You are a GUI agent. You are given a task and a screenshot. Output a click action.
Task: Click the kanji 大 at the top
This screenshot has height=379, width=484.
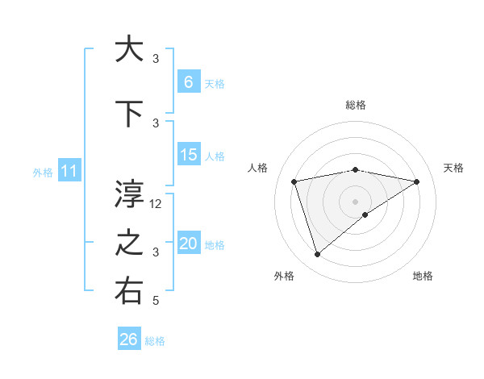129,49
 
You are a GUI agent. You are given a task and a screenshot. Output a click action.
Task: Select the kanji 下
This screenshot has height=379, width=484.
129,115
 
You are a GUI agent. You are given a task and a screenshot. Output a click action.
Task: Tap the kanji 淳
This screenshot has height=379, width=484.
129,194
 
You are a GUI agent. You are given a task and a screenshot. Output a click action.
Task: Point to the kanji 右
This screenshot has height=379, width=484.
129,292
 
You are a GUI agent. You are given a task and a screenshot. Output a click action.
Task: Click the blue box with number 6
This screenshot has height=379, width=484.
188,81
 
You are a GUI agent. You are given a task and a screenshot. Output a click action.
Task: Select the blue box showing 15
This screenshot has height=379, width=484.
188,155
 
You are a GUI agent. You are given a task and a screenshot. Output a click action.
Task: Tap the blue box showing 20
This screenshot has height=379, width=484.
188,244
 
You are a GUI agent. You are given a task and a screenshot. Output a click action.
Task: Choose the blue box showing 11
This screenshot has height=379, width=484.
69,171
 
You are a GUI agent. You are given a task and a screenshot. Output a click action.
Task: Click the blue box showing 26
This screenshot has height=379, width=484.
128,339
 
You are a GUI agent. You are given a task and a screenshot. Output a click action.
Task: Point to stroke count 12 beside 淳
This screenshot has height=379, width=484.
156,204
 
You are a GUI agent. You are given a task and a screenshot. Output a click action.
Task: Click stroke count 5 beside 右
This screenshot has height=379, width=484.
156,301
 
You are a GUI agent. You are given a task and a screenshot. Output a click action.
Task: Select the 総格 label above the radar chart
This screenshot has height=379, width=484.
356,105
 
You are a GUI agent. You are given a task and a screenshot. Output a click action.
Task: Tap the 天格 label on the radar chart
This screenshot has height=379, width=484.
454,168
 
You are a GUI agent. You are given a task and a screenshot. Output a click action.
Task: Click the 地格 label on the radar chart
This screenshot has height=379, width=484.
423,276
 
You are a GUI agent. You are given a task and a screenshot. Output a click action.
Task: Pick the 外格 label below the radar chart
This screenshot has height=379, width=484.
284,276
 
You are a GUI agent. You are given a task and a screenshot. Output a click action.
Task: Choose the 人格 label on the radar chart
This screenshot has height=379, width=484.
258,168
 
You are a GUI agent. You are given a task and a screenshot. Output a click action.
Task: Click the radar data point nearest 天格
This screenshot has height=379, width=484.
416,181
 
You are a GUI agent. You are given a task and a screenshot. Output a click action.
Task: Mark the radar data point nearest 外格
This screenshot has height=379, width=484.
317,255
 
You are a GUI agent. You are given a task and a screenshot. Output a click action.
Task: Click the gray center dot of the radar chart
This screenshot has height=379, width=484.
355,201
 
